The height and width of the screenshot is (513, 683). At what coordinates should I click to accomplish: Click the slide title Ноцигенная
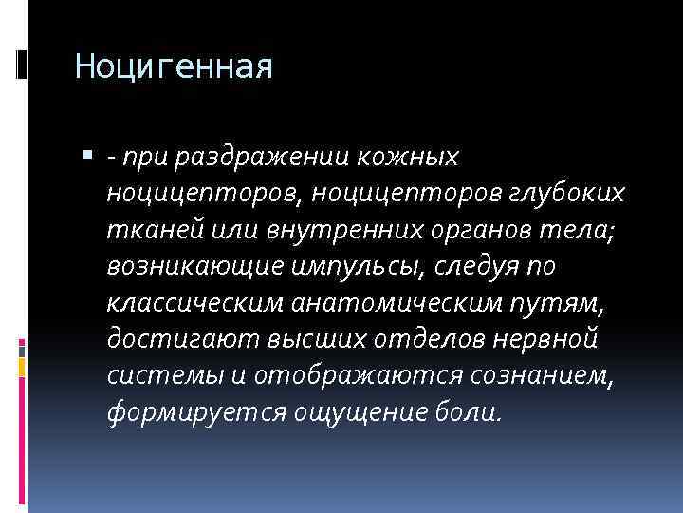tap(173, 67)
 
